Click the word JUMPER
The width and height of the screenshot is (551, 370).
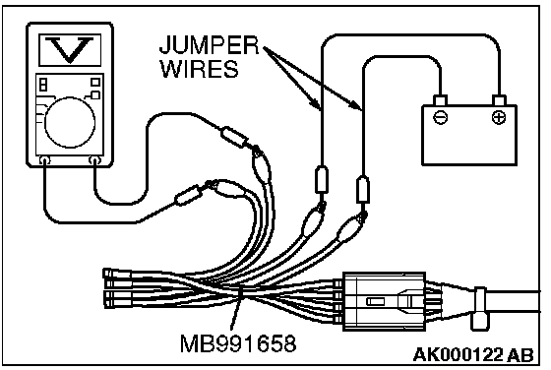coord(209,44)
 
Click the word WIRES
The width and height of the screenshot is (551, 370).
coord(199,69)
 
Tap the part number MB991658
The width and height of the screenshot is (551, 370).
coord(238,343)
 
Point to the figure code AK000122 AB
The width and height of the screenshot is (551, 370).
coord(473,355)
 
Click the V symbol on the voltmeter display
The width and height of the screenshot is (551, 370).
coord(70,48)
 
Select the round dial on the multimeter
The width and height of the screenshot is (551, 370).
coord(70,122)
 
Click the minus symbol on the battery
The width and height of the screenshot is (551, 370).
coord(441,117)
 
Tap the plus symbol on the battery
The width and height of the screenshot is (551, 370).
coord(499,117)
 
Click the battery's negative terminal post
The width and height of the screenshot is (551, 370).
coord(441,100)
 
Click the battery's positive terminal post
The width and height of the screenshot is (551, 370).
coord(499,100)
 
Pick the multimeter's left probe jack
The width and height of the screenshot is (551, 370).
coord(44,160)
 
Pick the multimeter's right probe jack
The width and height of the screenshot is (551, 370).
coord(94,160)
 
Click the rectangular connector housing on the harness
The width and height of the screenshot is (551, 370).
coord(384,301)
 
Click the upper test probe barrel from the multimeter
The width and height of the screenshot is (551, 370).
coord(233,137)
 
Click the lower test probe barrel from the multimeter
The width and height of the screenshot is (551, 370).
coord(189,196)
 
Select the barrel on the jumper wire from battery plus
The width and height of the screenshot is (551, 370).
coord(322,180)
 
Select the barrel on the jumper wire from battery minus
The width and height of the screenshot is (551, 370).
coord(363,190)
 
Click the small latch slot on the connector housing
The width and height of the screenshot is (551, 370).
coord(374,301)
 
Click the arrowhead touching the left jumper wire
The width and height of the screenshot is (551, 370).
coord(315,102)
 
